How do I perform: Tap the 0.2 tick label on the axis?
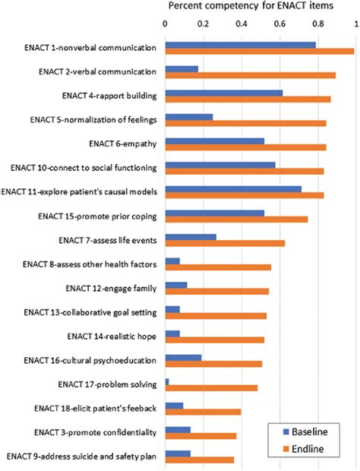click(x=203, y=23)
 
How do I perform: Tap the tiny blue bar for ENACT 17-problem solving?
click(x=167, y=381)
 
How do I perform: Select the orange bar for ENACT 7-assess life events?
click(x=225, y=243)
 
